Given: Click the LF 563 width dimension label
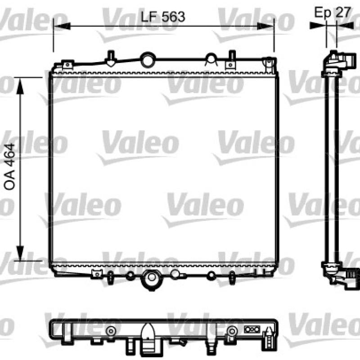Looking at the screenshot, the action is pos(162,17).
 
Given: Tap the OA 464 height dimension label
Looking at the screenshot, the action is pos(9,166).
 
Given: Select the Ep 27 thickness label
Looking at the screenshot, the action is pos(332,12).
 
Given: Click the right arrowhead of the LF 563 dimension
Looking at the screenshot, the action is pos(265,26).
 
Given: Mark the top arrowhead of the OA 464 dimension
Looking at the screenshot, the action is pos(20,86).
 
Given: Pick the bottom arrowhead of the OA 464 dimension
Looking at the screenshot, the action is pos(20,253).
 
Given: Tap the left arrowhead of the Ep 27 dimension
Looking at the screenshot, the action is pos(318,25).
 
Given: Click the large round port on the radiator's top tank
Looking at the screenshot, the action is pos(148,60).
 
